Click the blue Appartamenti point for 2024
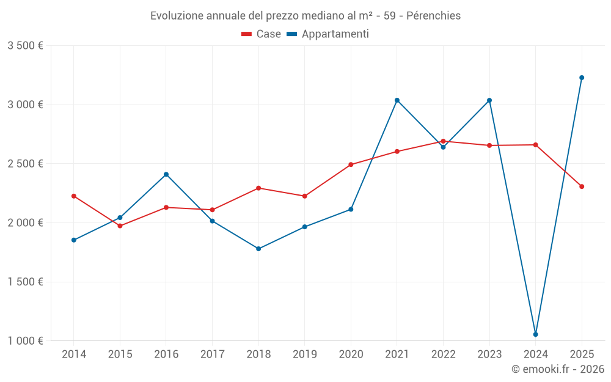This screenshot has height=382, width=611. point(535,334)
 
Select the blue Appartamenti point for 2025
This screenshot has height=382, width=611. point(582,78)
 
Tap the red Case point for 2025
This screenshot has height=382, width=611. point(582,186)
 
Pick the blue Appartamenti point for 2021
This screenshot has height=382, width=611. point(397,100)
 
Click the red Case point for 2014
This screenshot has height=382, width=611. point(74,196)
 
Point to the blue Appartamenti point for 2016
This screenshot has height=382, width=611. point(166,174)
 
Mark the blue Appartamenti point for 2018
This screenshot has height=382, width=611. point(258,249)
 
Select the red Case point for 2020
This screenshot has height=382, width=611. point(351,164)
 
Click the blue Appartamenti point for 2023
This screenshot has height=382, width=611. point(489,100)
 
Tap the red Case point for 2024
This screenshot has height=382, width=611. point(535,145)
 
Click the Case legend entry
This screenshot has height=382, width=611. point(262,34)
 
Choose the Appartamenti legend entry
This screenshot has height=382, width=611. point(328,34)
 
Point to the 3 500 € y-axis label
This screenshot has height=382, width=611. point(25,46)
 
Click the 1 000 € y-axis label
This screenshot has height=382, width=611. point(25,340)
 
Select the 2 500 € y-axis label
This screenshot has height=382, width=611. point(25,164)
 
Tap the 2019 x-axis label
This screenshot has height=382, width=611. point(305,354)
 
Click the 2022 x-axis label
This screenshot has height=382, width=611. point(443,354)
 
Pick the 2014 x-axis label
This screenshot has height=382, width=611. point(74,354)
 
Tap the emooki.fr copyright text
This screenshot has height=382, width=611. point(558,369)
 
